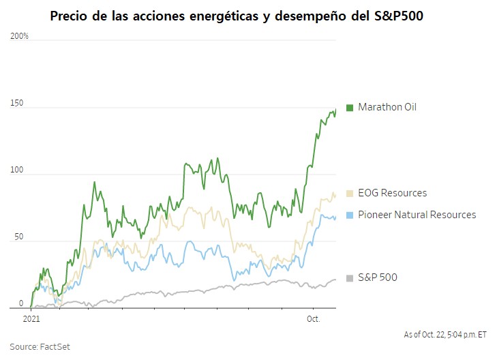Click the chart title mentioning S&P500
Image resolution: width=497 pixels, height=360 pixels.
pos(237,16)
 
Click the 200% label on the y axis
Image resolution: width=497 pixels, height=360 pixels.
pos(20,35)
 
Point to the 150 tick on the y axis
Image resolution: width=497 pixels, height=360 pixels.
pos(16,104)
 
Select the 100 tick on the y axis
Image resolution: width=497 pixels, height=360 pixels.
pos(16,172)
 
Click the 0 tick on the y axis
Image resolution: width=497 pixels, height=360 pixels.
pos(20,303)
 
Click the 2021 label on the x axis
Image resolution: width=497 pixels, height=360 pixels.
pos(31,318)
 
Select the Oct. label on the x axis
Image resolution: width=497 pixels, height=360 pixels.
pos(313,318)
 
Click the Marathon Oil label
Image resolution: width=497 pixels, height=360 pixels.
pos(387,107)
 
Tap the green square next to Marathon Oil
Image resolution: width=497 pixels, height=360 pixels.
pos(350,108)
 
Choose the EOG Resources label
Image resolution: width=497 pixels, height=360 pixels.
pos(392,193)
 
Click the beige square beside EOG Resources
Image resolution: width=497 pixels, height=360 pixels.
pos(350,194)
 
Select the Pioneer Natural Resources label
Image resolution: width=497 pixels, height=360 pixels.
pos(417,215)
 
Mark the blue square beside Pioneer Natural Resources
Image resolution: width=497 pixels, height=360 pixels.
pos(350,215)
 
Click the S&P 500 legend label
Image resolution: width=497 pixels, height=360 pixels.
pos(377,277)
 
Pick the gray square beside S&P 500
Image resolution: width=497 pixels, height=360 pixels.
pos(350,278)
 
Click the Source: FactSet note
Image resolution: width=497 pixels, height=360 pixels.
pos(40,346)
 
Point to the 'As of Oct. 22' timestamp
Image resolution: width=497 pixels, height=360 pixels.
pos(444,334)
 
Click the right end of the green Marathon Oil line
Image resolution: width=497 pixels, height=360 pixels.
pos(335,110)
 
